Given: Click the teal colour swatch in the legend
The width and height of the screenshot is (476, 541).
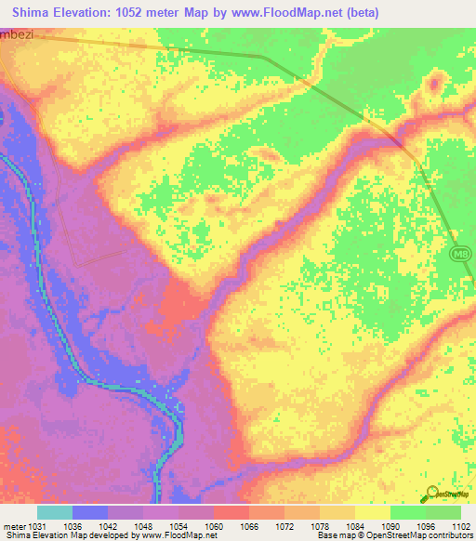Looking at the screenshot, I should point(54,512).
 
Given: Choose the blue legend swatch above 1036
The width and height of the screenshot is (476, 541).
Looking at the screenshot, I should point(90,512).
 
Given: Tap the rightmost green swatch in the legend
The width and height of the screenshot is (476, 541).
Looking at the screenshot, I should point(443,512).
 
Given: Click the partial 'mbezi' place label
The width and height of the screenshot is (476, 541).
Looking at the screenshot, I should point(16,30).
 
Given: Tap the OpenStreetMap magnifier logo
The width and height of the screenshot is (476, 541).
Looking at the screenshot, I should point(431,493).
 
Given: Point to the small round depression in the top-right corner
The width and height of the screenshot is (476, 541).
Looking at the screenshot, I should point(433,85).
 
